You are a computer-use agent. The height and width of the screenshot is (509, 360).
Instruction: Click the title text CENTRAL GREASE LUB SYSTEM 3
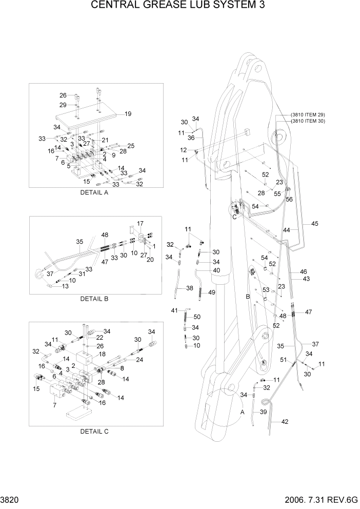click(179, 6)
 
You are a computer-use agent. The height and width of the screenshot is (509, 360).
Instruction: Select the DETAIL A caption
click(94, 193)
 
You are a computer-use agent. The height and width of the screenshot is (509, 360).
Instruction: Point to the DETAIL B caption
click(94, 298)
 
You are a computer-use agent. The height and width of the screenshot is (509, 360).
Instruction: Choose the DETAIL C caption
click(94, 432)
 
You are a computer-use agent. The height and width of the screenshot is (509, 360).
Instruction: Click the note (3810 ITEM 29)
click(308, 114)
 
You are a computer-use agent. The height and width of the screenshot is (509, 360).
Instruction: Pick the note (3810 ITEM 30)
click(308, 121)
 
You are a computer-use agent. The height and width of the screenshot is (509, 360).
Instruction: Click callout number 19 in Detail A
click(128, 114)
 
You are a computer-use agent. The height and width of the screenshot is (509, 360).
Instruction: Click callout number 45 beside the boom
click(314, 223)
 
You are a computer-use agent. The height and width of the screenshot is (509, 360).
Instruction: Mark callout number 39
click(264, 413)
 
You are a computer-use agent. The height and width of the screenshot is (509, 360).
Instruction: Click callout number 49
click(212, 292)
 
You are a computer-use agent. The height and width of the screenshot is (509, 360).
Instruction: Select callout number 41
click(174, 310)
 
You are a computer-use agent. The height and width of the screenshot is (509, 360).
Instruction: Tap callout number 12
click(184, 150)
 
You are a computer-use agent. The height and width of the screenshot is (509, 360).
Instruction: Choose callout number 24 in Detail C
click(139, 360)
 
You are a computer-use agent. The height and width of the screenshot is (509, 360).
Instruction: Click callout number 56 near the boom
click(289, 200)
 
